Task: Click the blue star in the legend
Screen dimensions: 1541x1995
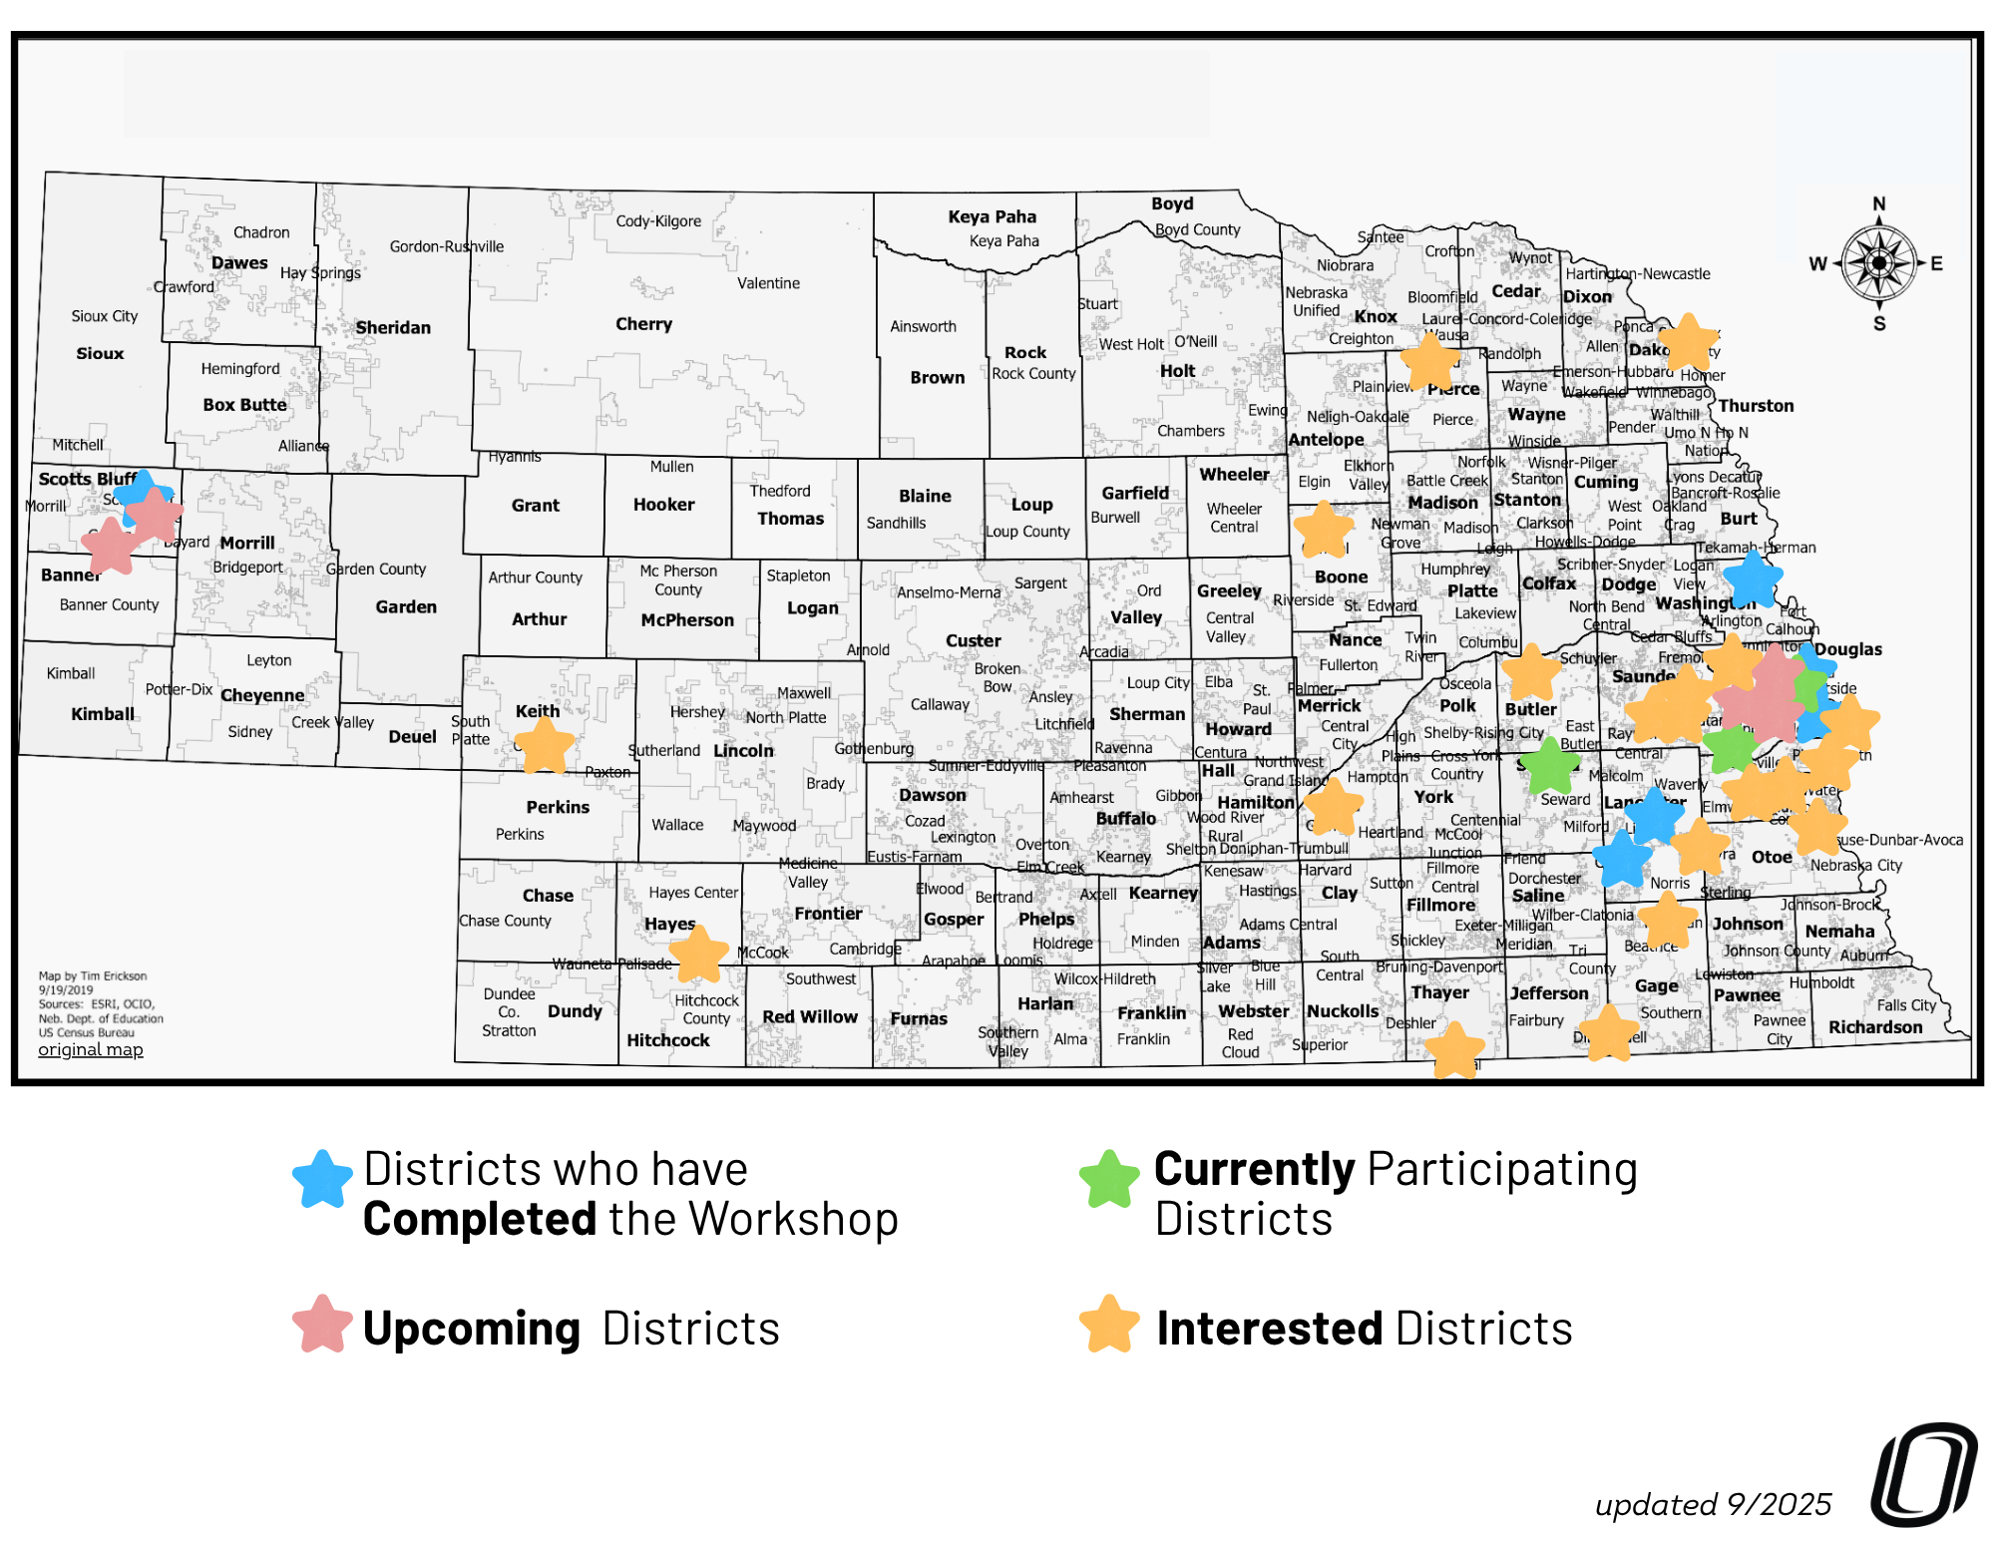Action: click(x=322, y=1179)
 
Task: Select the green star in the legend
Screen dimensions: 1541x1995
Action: click(x=1109, y=1179)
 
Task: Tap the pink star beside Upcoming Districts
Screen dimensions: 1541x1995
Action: click(x=322, y=1325)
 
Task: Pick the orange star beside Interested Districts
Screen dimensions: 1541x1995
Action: click(x=1109, y=1325)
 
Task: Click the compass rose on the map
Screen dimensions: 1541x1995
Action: click(x=1878, y=263)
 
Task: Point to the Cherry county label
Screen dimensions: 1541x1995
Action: click(x=643, y=324)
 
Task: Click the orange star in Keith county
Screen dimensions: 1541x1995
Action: click(x=544, y=745)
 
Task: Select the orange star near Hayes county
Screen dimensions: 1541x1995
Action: click(x=699, y=954)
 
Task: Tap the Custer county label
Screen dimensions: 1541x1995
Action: click(x=973, y=640)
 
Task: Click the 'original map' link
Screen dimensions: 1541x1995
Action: click(x=91, y=1049)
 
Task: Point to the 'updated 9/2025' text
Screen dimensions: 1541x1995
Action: click(x=1713, y=1504)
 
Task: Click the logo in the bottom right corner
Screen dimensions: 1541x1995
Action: click(x=1923, y=1474)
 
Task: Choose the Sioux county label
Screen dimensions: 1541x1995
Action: click(x=100, y=353)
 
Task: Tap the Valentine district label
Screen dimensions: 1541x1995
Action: click(x=768, y=283)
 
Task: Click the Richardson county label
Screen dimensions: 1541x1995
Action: click(x=1874, y=1027)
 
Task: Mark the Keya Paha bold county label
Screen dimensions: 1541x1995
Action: click(x=992, y=216)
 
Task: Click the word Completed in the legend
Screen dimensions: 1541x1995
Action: click(x=479, y=1219)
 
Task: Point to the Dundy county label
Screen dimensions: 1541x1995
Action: click(x=575, y=1010)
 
